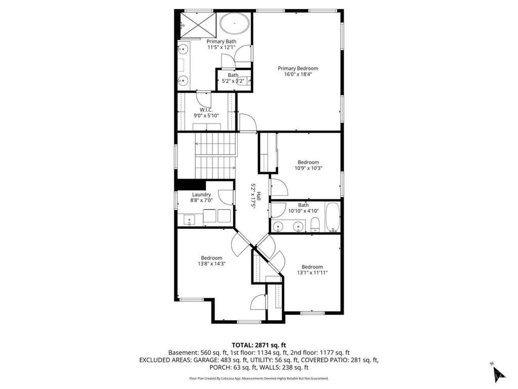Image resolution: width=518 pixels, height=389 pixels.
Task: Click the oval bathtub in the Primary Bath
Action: coord(235,23)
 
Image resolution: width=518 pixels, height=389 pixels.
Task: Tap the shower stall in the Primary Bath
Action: coord(197,24)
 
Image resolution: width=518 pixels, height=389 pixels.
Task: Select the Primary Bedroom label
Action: coord(297,68)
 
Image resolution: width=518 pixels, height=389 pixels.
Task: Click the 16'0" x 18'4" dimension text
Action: coord(297,74)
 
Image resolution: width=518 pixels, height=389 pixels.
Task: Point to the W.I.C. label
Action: coord(206,110)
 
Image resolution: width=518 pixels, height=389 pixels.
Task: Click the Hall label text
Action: coord(258,196)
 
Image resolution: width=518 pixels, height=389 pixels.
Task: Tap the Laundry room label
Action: coord(201,194)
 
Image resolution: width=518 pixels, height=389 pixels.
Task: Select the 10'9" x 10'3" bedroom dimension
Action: coord(308,168)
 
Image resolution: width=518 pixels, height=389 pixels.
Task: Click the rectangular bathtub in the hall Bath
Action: coord(333,217)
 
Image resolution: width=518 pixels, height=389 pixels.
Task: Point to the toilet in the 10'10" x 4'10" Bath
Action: coord(316,225)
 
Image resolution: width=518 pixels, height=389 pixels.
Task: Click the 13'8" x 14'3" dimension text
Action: coord(211,263)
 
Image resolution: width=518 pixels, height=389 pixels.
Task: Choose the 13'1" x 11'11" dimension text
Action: coord(312,273)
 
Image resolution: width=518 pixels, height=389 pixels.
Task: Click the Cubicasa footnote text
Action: coord(258,378)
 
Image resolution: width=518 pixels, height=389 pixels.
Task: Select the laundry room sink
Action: coord(189,220)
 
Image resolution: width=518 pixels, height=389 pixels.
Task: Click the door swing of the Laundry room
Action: coord(226,198)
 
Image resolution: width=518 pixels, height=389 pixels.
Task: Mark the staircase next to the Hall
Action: coord(215,155)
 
